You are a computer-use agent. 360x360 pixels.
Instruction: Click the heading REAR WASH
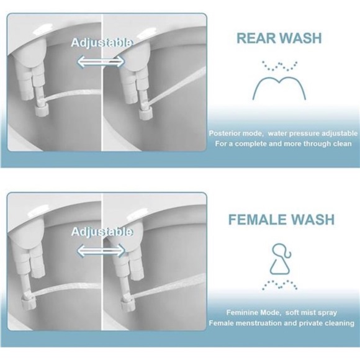click(279, 38)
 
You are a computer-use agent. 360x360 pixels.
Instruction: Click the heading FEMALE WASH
click(281, 220)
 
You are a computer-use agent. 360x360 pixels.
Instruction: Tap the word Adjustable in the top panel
click(101, 43)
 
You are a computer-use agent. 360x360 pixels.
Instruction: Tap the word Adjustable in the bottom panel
click(101, 232)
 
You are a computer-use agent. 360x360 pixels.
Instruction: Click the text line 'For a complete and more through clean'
click(283, 144)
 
